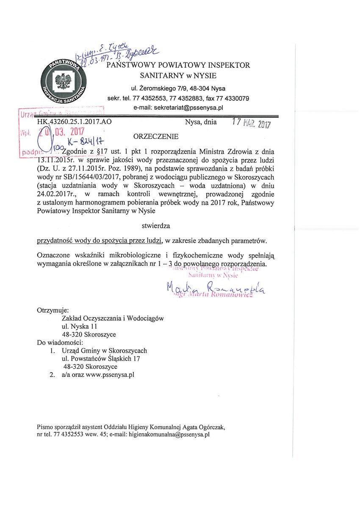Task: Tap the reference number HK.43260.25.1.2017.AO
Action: [75, 122]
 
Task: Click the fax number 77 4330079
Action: [235, 98]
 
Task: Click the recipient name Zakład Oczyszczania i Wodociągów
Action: [113, 318]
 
